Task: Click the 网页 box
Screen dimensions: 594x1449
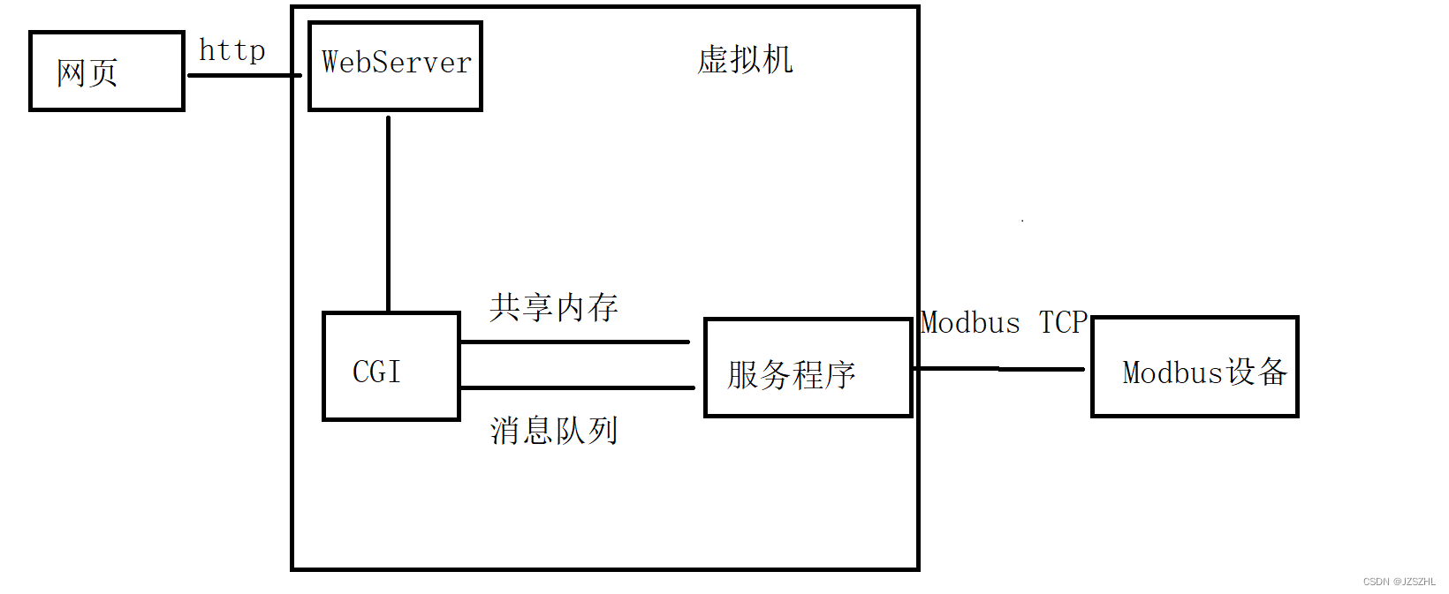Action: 107,71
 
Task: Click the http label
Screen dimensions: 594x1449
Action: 231,50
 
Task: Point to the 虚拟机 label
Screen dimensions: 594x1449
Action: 745,60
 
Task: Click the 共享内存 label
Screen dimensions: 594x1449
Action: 554,307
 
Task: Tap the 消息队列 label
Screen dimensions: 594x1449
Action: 554,431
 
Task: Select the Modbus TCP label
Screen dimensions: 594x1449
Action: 1003,322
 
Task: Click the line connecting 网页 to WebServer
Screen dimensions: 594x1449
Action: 244,75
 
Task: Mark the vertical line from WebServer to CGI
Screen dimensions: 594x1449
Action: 388,212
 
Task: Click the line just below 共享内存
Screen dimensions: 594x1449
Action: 574,342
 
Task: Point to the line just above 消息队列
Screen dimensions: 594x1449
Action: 577,387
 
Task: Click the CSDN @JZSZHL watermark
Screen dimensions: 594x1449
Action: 1399,582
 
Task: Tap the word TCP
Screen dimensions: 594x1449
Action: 1062,322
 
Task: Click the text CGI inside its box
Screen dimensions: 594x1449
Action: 376,372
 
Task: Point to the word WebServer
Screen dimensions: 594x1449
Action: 396,62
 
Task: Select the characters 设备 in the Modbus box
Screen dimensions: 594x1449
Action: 1256,372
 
